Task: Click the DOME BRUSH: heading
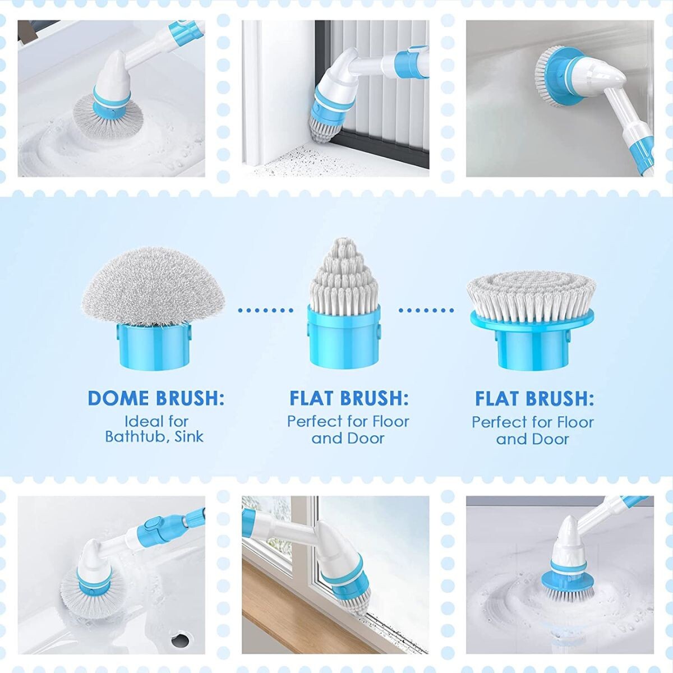click(x=156, y=398)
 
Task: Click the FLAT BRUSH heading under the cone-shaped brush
click(x=349, y=398)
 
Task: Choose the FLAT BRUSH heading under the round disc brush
click(x=534, y=399)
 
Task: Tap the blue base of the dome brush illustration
click(x=154, y=345)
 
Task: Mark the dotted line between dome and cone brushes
click(x=265, y=310)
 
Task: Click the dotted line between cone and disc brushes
click(x=426, y=310)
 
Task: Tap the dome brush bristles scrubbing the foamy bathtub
click(x=108, y=118)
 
